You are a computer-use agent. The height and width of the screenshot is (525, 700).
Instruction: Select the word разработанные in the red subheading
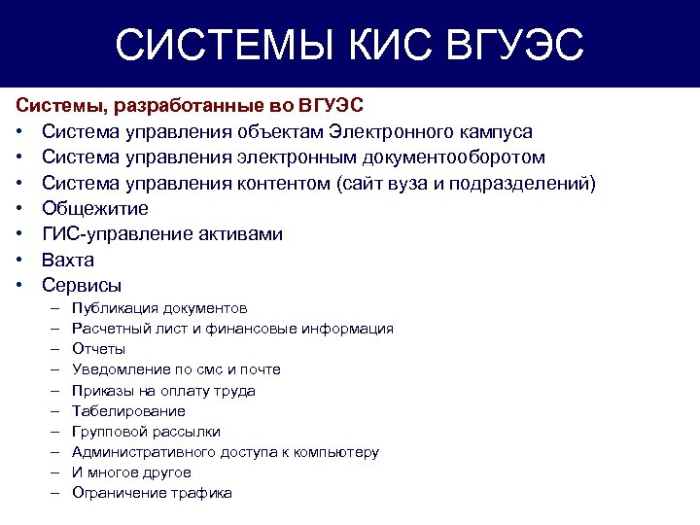tap(161, 105)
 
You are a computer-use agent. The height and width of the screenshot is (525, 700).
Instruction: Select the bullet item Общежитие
tap(94, 208)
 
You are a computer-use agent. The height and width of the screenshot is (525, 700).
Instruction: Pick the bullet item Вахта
tap(67, 260)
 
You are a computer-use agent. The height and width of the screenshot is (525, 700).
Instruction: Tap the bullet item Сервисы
tap(82, 286)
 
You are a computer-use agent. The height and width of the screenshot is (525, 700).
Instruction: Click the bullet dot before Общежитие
tap(19, 209)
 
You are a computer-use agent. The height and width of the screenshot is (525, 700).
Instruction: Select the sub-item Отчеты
tap(98, 349)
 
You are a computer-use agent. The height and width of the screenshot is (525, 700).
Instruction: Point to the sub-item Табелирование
tap(128, 411)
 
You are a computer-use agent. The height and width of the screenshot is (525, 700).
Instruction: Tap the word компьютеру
tap(336, 452)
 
